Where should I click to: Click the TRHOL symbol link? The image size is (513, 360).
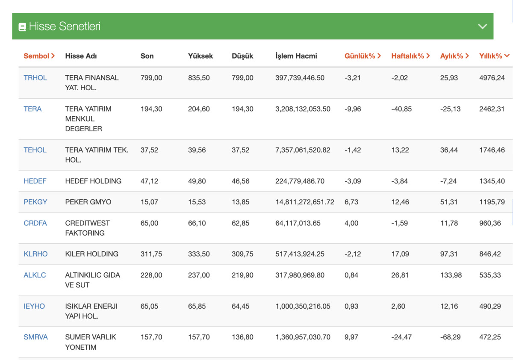click(x=35, y=78)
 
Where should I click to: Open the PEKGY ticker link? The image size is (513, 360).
click(x=35, y=202)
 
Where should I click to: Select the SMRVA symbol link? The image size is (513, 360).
click(x=36, y=337)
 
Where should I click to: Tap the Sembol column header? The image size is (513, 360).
click(x=39, y=56)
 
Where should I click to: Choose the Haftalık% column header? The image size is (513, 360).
click(x=410, y=56)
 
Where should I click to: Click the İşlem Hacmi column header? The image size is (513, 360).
click(x=296, y=56)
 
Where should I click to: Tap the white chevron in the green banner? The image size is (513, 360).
click(x=482, y=27)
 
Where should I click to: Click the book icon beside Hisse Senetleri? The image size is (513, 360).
click(x=22, y=27)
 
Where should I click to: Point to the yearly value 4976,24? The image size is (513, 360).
click(x=492, y=78)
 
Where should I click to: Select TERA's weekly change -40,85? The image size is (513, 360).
click(x=401, y=109)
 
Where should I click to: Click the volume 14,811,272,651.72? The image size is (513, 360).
click(x=305, y=202)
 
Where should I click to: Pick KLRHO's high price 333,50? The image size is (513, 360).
click(x=199, y=254)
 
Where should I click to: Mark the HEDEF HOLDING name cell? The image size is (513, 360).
click(x=93, y=181)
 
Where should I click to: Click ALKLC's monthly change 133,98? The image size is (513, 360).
click(x=451, y=275)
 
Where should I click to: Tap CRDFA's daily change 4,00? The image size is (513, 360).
click(x=351, y=223)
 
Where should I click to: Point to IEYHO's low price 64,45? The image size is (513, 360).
click(x=240, y=306)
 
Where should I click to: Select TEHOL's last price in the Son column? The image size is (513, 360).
click(x=149, y=150)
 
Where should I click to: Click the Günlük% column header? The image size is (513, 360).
click(x=363, y=56)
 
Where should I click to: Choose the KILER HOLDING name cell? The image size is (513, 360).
click(x=92, y=254)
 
